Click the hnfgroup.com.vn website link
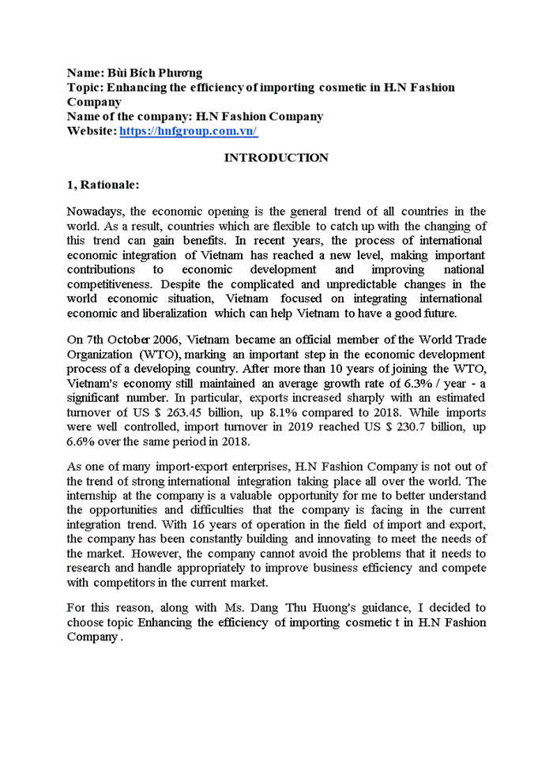pyautogui.click(x=188, y=131)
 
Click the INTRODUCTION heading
pyautogui.click(x=276, y=158)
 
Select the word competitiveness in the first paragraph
pyautogui.click(x=109, y=284)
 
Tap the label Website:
pyautogui.click(x=92, y=131)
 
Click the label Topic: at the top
pyautogui.click(x=85, y=87)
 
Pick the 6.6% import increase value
pyautogui.click(x=81, y=441)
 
